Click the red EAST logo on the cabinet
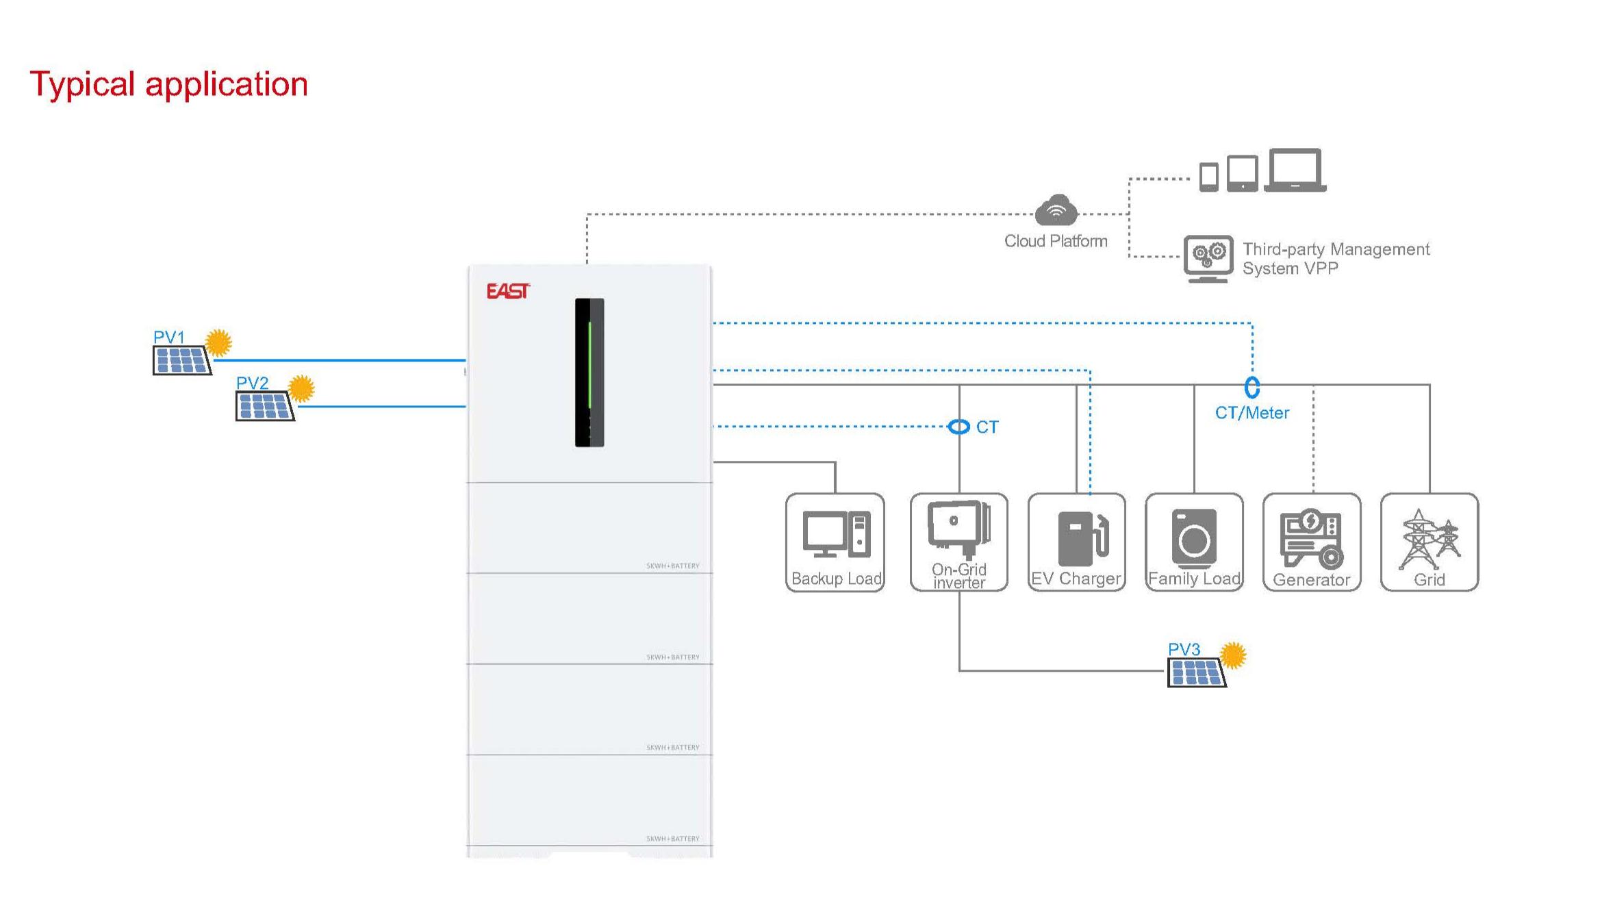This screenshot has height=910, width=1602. (x=508, y=291)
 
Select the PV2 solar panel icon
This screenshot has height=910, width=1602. (x=265, y=406)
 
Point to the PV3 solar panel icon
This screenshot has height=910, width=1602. (x=1197, y=672)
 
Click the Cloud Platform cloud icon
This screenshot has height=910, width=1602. (x=1056, y=210)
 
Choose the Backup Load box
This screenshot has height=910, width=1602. (x=835, y=542)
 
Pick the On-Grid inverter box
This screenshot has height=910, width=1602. (x=959, y=542)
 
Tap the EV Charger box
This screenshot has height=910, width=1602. (x=1077, y=542)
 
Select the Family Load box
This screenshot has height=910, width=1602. (x=1195, y=542)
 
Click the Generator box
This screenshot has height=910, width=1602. (x=1312, y=542)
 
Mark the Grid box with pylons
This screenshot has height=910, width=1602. (x=1429, y=542)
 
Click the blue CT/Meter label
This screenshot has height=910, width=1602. (x=1252, y=413)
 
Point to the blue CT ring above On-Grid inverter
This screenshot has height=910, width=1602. (x=959, y=427)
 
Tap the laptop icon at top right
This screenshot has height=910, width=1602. (x=1295, y=170)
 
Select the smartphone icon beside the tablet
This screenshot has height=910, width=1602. (x=1209, y=177)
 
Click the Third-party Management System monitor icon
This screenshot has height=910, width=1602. (x=1208, y=258)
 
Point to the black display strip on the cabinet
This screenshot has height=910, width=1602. (x=589, y=372)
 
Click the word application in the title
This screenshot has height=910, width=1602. (x=227, y=84)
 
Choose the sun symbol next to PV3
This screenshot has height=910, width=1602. (x=1233, y=655)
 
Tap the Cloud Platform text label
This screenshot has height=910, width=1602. (x=1056, y=241)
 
